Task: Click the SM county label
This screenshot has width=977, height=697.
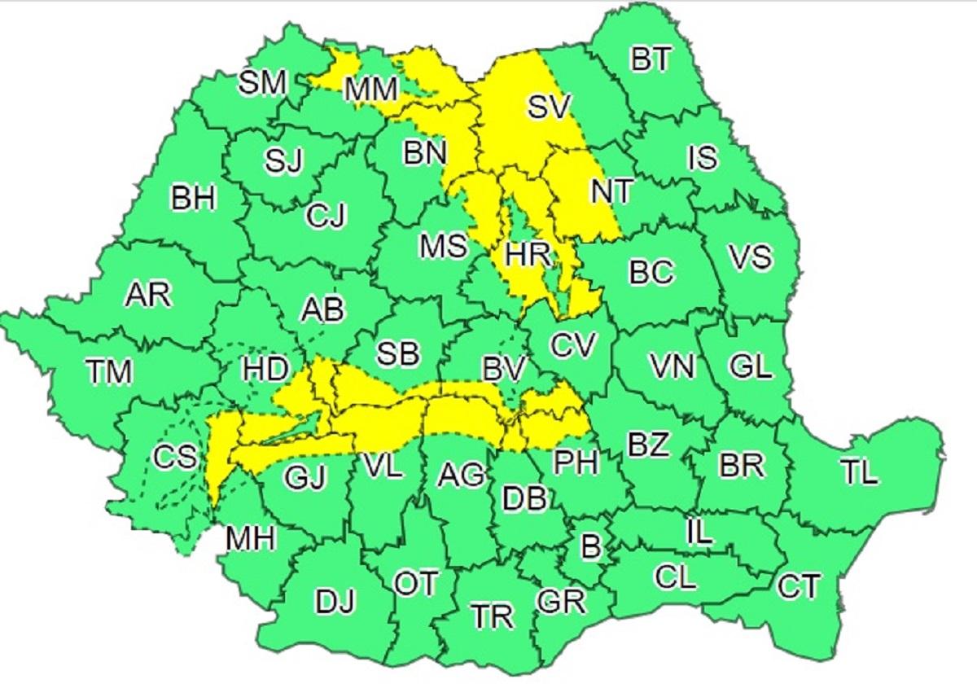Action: pyautogui.click(x=263, y=82)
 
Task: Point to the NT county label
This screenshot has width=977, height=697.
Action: pyautogui.click(x=611, y=191)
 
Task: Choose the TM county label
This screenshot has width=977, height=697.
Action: pyautogui.click(x=108, y=373)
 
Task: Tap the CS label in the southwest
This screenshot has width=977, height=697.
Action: pyautogui.click(x=176, y=457)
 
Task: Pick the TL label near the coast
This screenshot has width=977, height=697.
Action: pyautogui.click(x=860, y=474)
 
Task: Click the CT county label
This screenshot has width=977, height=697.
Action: pyautogui.click(x=798, y=585)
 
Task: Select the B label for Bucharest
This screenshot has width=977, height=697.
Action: pyautogui.click(x=591, y=546)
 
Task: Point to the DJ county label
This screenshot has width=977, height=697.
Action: pyautogui.click(x=335, y=603)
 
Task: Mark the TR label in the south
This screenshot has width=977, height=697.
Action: pyautogui.click(x=493, y=616)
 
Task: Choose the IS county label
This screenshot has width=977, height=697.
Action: pyautogui.click(x=702, y=157)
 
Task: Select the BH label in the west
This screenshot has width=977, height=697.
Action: pyautogui.click(x=194, y=198)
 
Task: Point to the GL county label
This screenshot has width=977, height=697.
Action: pyautogui.click(x=750, y=367)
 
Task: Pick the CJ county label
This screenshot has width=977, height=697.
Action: pyautogui.click(x=326, y=216)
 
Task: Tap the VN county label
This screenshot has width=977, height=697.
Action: pyautogui.click(x=673, y=367)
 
